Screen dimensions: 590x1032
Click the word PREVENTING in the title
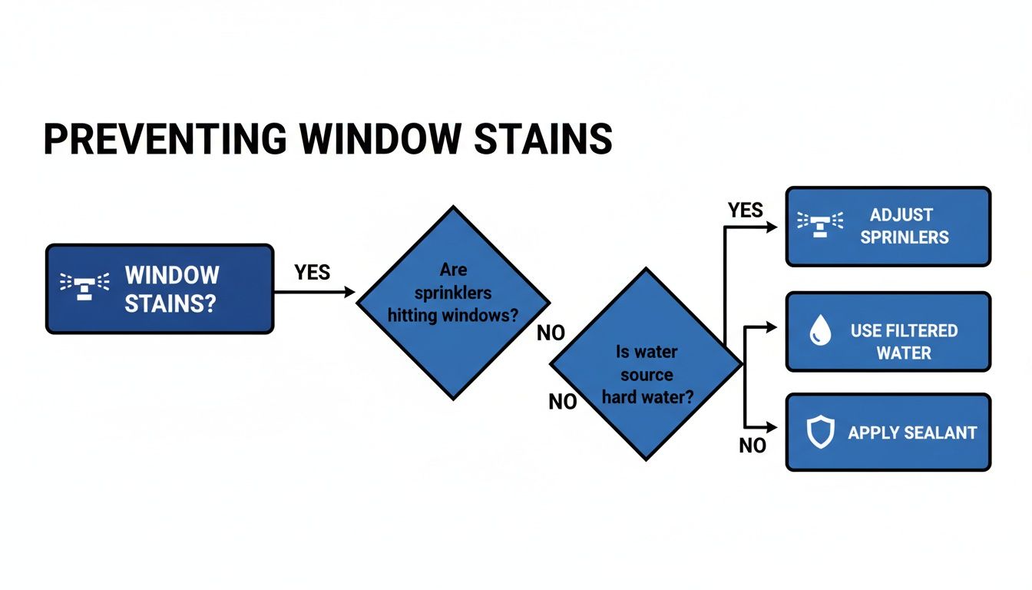coord(164,139)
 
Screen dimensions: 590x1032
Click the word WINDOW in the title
coord(386,139)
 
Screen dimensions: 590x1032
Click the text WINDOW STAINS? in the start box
coord(171,289)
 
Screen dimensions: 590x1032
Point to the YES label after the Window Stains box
coord(312,272)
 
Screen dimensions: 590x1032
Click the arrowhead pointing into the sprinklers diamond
coord(350,292)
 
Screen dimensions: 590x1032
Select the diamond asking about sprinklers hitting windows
coord(453,302)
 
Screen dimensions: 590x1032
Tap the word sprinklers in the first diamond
coord(453,293)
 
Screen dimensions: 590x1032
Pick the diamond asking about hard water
coord(646,364)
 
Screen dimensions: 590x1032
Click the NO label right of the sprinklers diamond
coord(551,333)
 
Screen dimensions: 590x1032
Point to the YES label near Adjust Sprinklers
coord(745,210)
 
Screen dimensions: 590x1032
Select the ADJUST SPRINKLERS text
coord(904,226)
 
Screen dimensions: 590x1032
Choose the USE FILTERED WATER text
coord(904,342)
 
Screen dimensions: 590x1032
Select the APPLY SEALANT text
coord(911,433)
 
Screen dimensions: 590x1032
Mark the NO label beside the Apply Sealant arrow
coord(752,446)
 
